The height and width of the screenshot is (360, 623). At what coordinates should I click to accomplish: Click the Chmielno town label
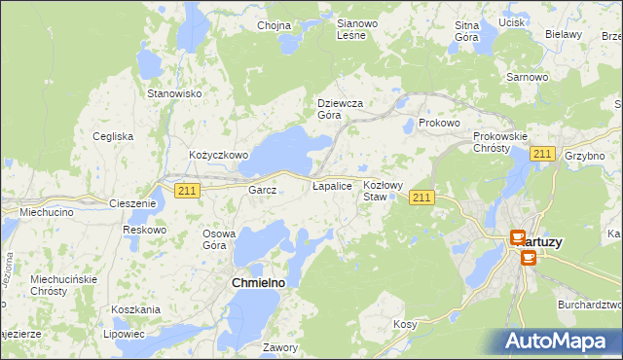click(x=258, y=282)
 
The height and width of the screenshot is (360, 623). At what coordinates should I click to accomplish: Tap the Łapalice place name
click(x=331, y=184)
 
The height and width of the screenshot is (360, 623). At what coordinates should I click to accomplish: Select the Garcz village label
click(x=263, y=190)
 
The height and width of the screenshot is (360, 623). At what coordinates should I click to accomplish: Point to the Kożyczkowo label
click(x=219, y=155)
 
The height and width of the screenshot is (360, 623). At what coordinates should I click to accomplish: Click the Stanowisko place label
click(x=173, y=93)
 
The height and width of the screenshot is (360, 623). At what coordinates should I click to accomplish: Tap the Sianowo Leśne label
click(x=350, y=29)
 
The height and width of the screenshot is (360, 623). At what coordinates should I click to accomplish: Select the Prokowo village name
click(x=438, y=124)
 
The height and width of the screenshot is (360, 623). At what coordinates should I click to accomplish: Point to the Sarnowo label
click(x=526, y=76)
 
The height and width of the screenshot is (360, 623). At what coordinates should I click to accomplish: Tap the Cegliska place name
click(x=113, y=136)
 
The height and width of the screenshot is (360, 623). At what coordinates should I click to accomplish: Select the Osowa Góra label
click(x=219, y=239)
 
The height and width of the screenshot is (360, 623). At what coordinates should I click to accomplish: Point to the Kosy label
click(x=405, y=324)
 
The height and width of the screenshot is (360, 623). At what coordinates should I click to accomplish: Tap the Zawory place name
click(x=279, y=347)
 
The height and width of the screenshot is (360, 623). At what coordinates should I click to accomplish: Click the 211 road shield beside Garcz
click(x=189, y=191)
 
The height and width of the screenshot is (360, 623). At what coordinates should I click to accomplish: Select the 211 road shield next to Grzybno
click(x=542, y=155)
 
